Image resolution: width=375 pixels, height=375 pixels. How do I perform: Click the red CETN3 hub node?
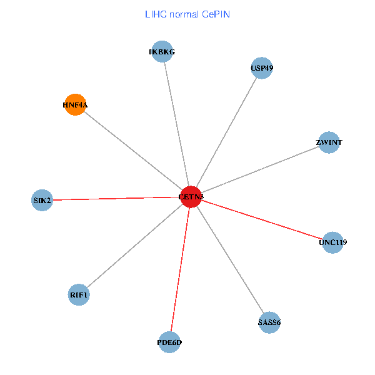pyautogui.click(x=190, y=197)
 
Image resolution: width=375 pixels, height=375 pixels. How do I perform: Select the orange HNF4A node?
pyautogui.click(x=75, y=105)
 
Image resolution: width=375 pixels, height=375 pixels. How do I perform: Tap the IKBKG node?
pyautogui.click(x=162, y=52)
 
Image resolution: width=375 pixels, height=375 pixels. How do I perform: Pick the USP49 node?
pyautogui.click(x=262, y=67)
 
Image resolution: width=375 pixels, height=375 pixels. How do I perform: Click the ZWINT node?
pyautogui.click(x=329, y=142)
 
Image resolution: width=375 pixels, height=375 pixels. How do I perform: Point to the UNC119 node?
pyautogui.click(x=332, y=242)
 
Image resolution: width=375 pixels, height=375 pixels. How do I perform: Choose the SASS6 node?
pyautogui.click(x=269, y=322)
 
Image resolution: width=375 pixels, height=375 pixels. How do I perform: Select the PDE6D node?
pyautogui.click(x=169, y=342)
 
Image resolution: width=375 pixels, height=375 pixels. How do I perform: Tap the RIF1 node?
pyautogui.click(x=79, y=294)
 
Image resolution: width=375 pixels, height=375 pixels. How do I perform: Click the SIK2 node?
pyautogui.click(x=42, y=200)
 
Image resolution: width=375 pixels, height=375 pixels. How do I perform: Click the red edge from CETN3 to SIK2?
pyautogui.click(x=116, y=199)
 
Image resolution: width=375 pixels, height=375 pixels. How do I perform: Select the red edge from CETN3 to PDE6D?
pyautogui.click(x=180, y=269)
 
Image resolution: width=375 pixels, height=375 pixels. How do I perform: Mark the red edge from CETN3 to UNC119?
pyautogui.click(x=261, y=219)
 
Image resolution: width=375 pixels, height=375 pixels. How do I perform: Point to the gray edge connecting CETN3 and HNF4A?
pyautogui.click(x=132, y=151)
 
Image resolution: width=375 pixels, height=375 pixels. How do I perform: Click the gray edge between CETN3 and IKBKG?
pyautogui.click(x=176, y=124)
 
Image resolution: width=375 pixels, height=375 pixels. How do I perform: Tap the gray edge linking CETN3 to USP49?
pyautogui.click(x=226, y=132)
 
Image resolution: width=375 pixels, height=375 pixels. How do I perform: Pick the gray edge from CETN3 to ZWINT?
pyautogui.click(x=259, y=170)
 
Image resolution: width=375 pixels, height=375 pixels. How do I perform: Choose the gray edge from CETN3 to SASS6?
pyautogui.click(x=229, y=259)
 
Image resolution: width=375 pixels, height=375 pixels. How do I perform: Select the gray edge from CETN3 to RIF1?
pyautogui.click(x=134, y=246)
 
